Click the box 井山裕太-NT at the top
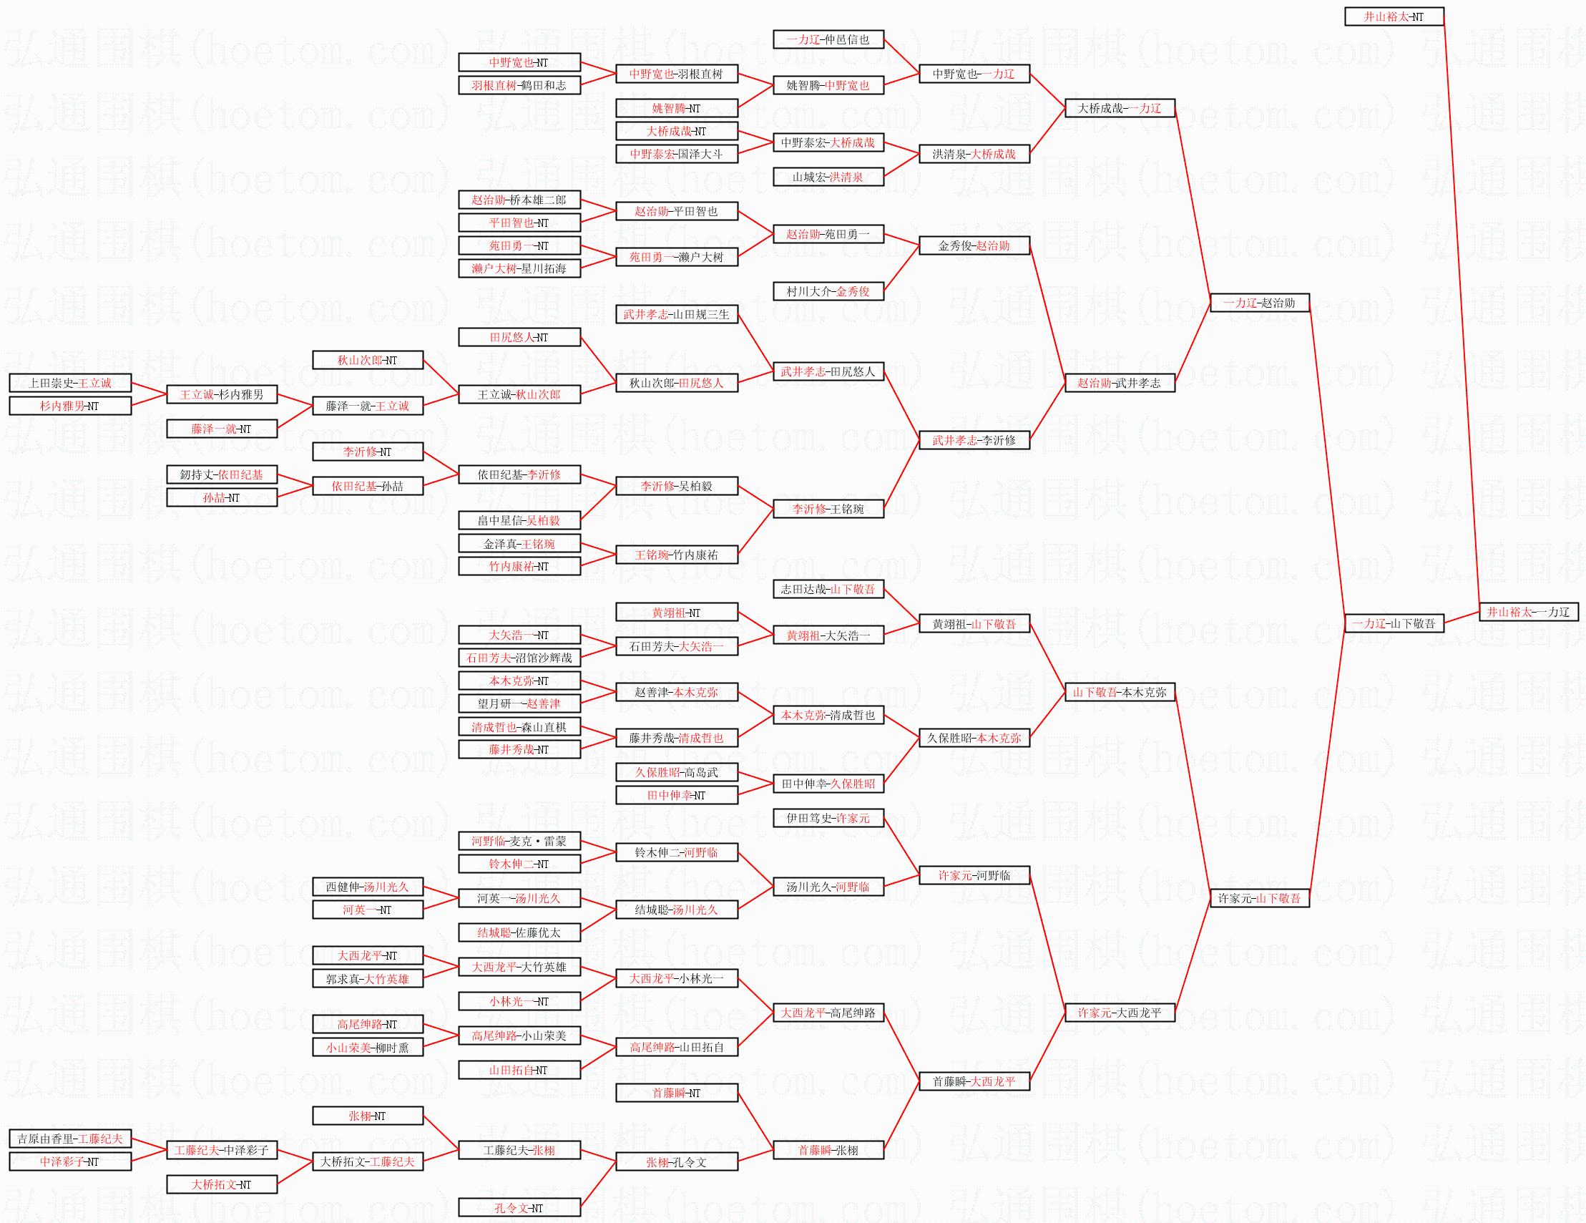(1394, 16)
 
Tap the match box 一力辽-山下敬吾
(1394, 623)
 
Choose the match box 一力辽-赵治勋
(1259, 303)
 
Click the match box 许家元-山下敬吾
(1259, 898)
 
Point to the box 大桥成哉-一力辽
(1119, 108)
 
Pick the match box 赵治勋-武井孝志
(1119, 383)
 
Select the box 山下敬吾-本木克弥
(1119, 692)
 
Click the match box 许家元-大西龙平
(1119, 1013)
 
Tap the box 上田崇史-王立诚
(70, 383)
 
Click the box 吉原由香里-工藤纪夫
(70, 1139)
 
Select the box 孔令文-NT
(519, 1208)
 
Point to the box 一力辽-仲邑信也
(828, 39)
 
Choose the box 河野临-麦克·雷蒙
(519, 841)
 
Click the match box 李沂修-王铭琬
(828, 509)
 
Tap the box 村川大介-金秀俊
(828, 291)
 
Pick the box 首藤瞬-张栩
(828, 1151)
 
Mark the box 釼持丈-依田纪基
(222, 474)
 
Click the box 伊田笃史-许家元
(828, 818)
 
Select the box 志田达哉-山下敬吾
(828, 589)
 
